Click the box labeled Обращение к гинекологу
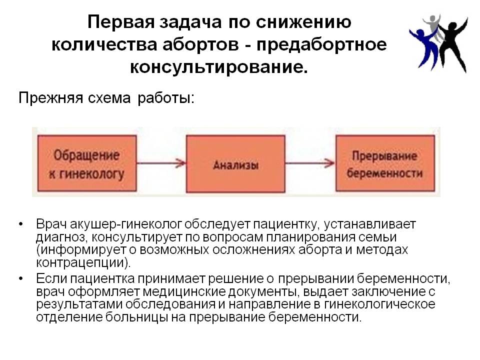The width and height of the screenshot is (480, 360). tap(87, 163)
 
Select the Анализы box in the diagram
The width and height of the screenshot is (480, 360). tap(235, 164)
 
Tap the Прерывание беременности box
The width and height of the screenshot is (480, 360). tap(385, 163)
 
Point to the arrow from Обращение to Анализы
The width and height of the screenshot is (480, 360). tap(161, 163)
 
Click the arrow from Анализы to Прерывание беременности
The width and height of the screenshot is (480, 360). tap(310, 163)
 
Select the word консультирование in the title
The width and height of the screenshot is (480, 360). tap(218, 66)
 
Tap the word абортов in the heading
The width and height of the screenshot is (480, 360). tap(200, 44)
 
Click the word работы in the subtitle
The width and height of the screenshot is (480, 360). tap(166, 98)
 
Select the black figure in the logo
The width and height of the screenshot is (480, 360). tap(453, 45)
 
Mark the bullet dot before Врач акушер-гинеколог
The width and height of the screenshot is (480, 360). tap(21, 224)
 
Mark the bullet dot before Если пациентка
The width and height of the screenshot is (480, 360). tap(21, 278)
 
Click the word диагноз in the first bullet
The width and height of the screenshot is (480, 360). tap(60, 237)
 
